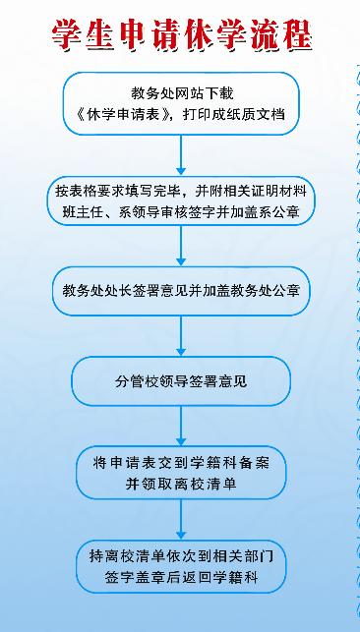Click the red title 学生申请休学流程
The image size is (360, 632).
click(182, 35)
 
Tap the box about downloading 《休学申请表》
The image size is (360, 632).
click(181, 103)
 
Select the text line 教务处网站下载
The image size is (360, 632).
click(182, 93)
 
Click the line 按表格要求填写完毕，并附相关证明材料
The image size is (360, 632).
click(181, 191)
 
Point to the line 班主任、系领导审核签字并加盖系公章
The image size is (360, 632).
click(181, 212)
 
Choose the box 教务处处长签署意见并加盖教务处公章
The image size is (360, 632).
click(181, 291)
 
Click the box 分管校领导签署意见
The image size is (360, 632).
click(181, 381)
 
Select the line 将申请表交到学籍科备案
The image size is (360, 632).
click(181, 463)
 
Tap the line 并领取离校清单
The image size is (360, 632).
click(181, 485)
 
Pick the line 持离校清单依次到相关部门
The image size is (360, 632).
click(181, 556)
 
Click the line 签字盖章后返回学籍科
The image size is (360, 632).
click(181, 578)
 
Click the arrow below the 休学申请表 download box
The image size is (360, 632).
click(181, 155)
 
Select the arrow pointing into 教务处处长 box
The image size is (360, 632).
click(181, 246)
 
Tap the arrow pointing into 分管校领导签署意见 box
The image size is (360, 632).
click(181, 336)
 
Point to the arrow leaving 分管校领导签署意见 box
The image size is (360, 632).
click(181, 426)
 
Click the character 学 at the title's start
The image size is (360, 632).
click(67, 35)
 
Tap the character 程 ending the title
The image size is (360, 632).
click(297, 35)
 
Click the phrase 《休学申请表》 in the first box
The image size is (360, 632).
click(125, 114)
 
